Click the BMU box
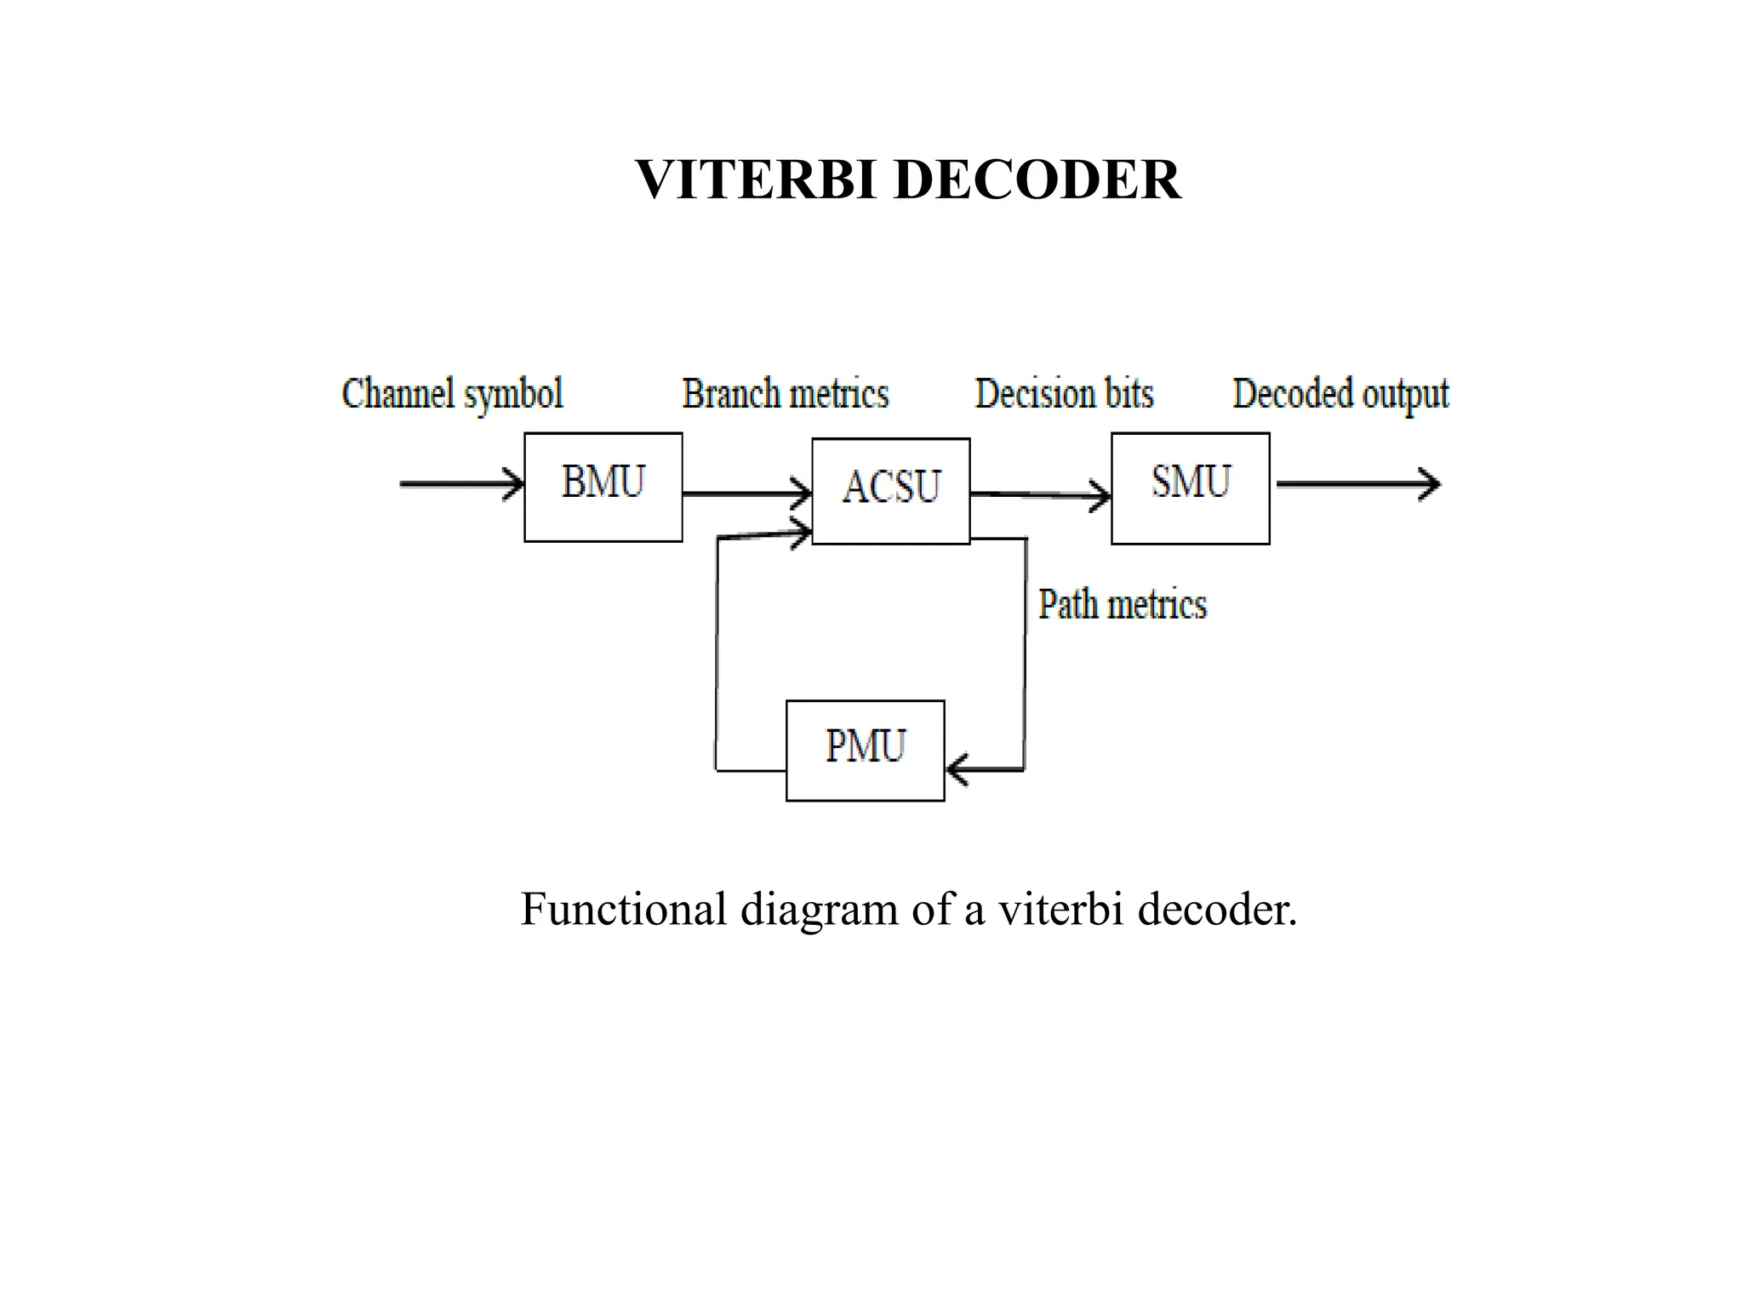[x=603, y=487]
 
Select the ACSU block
[x=890, y=491]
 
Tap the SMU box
[x=1190, y=488]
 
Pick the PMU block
[x=865, y=750]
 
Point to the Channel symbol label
[x=452, y=395]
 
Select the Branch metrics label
[x=785, y=395]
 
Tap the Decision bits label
[x=1064, y=395]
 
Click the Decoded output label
[x=1340, y=395]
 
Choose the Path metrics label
[x=1122, y=605]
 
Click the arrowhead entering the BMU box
[x=514, y=484]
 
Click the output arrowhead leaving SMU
[x=1430, y=484]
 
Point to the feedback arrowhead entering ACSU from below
[x=801, y=534]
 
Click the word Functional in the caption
[x=623, y=909]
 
